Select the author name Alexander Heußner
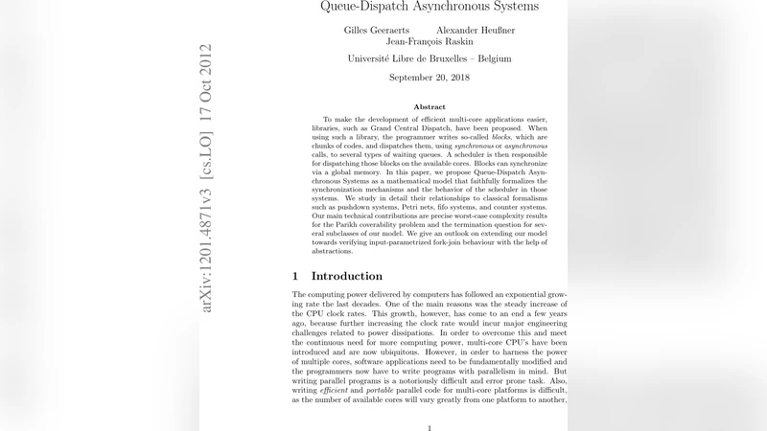[475, 30]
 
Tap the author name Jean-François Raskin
[430, 42]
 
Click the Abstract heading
[430, 106]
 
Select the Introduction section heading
[347, 276]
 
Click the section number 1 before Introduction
[295, 276]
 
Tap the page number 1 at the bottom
[430, 428]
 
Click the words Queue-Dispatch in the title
[360, 7]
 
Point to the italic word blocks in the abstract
[500, 138]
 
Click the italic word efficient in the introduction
[337, 390]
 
